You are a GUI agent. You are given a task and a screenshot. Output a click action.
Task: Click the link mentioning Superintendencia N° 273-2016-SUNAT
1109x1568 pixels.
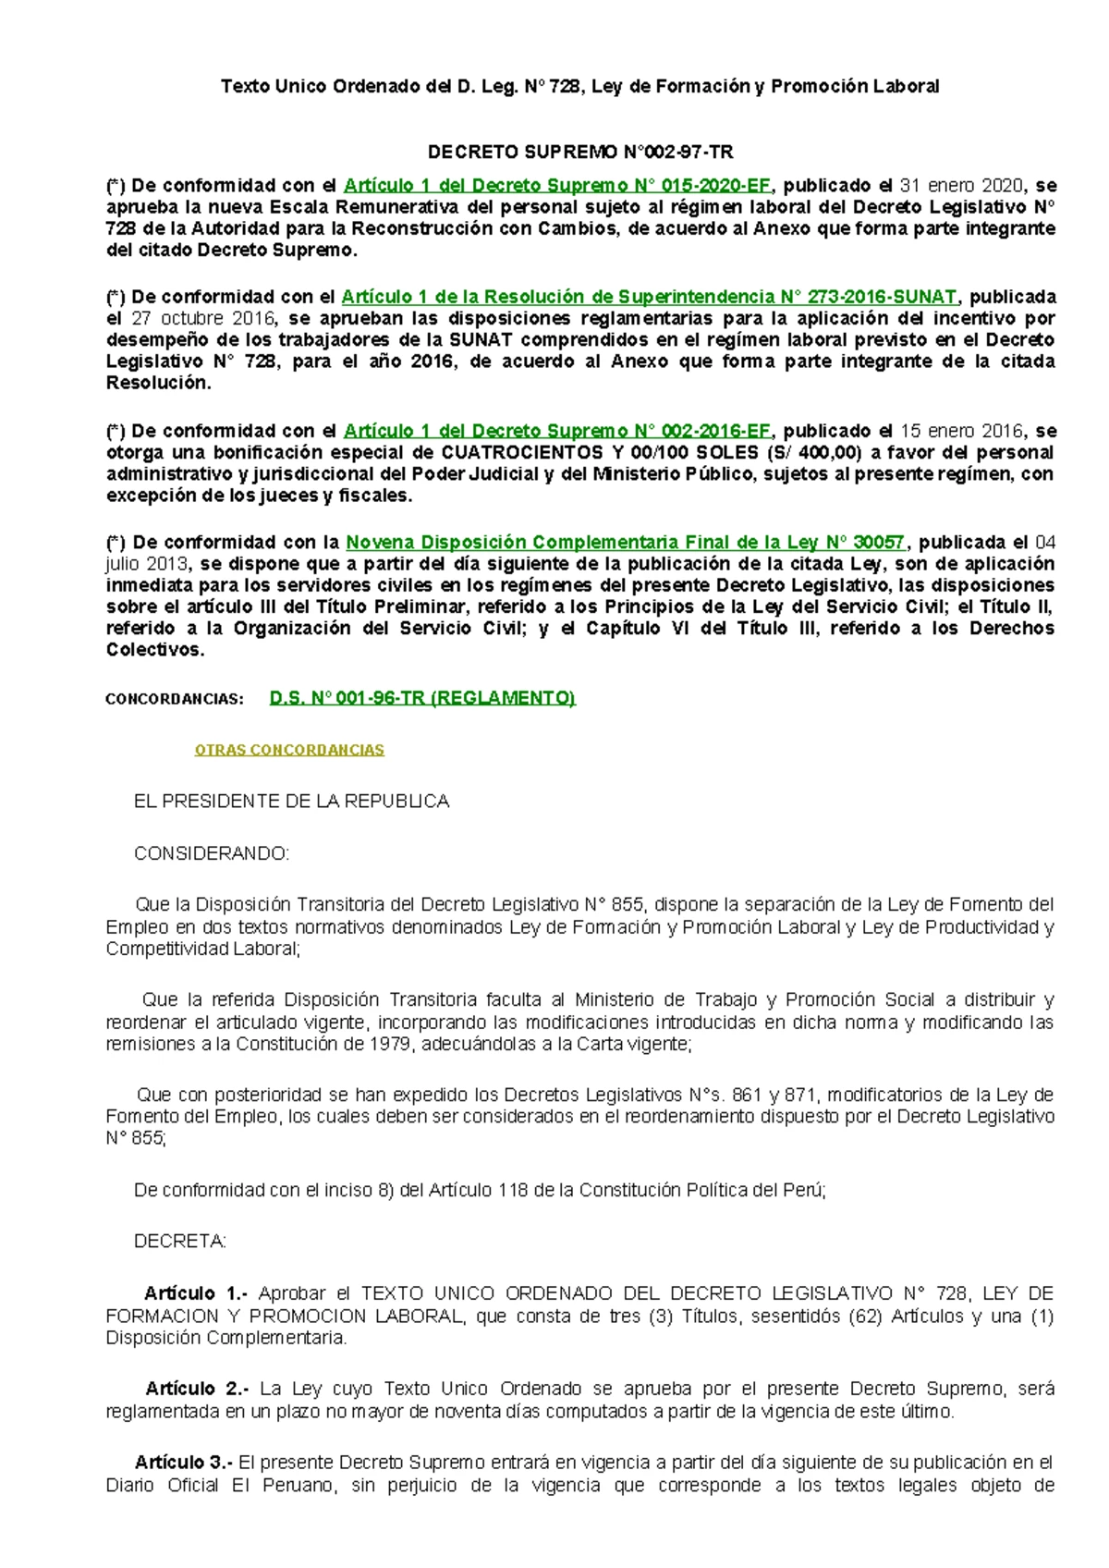649,297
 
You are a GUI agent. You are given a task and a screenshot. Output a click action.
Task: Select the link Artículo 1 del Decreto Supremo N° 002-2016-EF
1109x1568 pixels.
556,431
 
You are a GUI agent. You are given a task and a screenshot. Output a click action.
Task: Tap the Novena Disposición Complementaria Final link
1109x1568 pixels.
626,543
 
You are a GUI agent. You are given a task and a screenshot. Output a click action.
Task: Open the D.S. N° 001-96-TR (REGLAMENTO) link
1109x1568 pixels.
422,698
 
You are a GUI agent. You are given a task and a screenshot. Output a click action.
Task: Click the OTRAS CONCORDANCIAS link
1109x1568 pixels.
289,750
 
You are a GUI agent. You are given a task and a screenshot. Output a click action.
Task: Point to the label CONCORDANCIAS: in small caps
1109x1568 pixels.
175,699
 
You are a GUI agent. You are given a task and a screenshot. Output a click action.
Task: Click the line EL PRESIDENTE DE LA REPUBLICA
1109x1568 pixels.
291,802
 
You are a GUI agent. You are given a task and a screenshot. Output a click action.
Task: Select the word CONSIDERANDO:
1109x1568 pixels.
212,853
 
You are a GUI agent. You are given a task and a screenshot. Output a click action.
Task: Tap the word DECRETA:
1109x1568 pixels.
180,1242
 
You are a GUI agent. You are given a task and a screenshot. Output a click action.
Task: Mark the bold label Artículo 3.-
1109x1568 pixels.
184,1463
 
